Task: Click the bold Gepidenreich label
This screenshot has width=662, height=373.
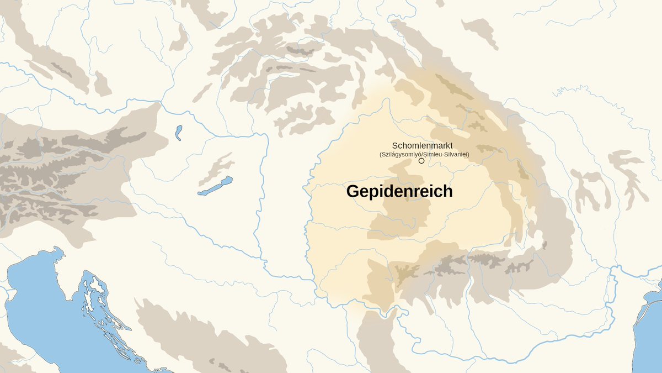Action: coord(399,192)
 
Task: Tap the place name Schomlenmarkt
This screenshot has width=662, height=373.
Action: coord(422,145)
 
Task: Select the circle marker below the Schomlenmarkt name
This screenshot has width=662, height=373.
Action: coord(421,161)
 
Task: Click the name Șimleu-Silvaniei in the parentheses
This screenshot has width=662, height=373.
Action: coord(446,154)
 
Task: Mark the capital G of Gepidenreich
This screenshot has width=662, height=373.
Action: coord(353,192)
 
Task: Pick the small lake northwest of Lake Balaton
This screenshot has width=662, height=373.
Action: coord(178,133)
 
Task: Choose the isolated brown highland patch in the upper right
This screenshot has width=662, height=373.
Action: coord(480,30)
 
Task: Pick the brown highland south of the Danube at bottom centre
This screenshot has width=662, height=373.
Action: coord(375,343)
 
